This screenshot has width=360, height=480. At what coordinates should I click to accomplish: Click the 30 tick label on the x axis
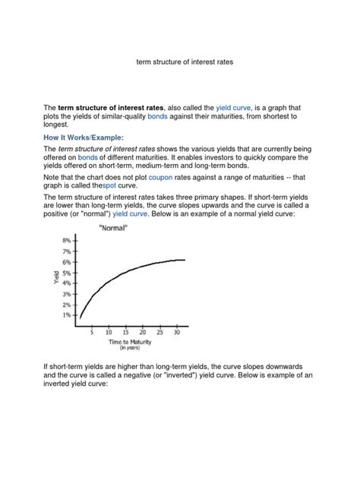[x=178, y=332]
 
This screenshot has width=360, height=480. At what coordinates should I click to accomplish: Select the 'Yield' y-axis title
[x=55, y=277]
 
